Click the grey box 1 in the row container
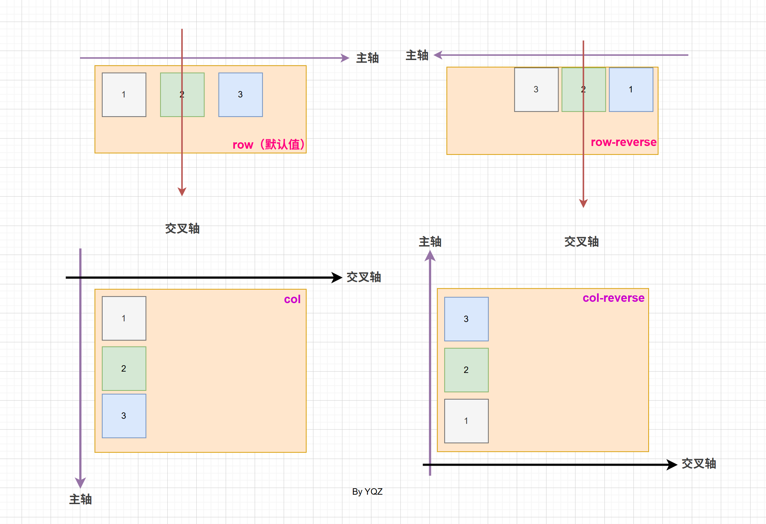pos(124,95)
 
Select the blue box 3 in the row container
pos(240,95)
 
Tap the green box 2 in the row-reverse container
pos(584,90)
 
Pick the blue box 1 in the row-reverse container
pos(631,90)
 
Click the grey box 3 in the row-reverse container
pos(536,90)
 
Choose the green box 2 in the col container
pos(124,369)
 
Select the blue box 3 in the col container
pos(124,416)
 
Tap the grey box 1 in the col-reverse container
pos(466,421)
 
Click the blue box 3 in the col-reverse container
pos(466,319)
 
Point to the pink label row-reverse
pos(623,142)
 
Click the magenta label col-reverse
pos(613,298)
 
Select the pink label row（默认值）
pos(268,145)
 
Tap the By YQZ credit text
pos(367,492)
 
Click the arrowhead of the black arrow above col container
pos(337,278)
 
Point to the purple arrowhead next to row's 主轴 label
pos(345,58)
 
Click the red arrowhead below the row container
pos(182,192)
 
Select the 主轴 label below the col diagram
pos(80,499)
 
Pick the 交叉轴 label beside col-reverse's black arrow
pos(699,464)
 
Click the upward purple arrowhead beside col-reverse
pos(430,256)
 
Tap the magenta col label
pos(292,299)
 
